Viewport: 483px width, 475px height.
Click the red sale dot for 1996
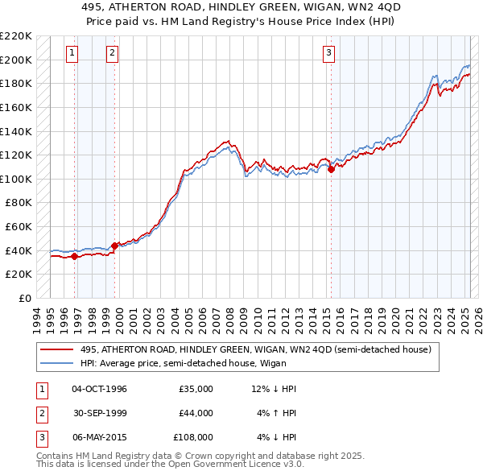click(75, 256)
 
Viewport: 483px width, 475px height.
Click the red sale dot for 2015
click(331, 169)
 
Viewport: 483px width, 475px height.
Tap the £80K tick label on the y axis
click(19, 203)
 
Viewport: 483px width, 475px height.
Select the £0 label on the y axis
click(25, 298)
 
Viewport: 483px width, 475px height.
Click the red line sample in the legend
click(57, 349)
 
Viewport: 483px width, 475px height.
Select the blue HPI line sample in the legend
click(57, 363)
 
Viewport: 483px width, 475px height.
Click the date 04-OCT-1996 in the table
click(99, 389)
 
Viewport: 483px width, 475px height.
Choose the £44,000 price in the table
click(196, 413)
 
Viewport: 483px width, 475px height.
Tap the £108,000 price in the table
click(193, 437)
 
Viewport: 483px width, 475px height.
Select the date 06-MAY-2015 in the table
click(99, 437)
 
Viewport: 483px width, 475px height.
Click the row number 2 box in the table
click(39, 413)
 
